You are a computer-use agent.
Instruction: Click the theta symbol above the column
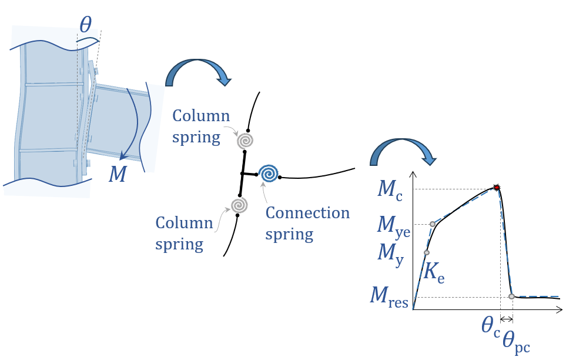[86, 25]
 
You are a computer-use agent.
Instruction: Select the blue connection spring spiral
[269, 174]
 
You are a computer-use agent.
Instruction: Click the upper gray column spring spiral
[246, 141]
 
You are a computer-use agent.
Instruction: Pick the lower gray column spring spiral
[239, 205]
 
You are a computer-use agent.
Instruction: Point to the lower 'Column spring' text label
[184, 233]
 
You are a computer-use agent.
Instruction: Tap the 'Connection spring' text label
[307, 223]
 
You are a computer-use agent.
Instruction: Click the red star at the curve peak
[497, 188]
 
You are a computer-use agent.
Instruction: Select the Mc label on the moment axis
[390, 189]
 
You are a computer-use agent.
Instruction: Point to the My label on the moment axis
[390, 255]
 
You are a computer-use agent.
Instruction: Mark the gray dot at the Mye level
[433, 224]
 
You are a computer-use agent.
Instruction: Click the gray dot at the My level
[427, 253]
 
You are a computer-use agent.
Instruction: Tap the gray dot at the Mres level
[511, 296]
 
